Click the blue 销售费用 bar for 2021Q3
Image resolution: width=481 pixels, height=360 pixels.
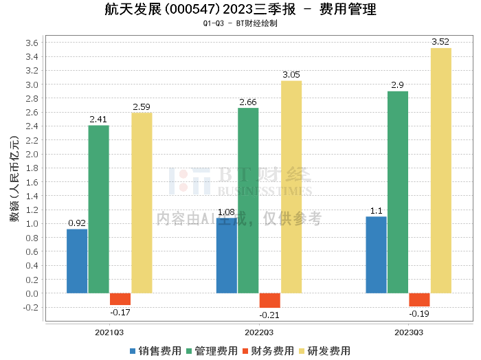point(77,261)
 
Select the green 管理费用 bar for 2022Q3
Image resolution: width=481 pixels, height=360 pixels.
point(248,201)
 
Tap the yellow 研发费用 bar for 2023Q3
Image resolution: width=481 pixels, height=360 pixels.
point(441,170)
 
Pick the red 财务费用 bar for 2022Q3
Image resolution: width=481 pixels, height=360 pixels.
point(270,300)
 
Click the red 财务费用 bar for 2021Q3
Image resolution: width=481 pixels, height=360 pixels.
point(120,299)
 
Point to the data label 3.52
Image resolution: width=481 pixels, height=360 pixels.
point(440,42)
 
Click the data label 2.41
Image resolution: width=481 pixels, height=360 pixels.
point(98,120)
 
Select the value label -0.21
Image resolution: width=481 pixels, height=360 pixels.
point(269,315)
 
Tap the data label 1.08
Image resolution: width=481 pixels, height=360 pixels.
point(226,212)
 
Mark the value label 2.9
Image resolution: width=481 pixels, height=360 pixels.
point(398,85)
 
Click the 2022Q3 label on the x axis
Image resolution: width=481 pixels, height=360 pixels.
point(259,333)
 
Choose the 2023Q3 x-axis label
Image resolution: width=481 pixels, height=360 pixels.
point(409,333)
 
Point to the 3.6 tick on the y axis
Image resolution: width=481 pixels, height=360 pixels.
point(32,43)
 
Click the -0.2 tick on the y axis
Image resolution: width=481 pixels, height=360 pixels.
point(31,308)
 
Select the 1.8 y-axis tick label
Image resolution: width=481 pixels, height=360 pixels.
point(32,168)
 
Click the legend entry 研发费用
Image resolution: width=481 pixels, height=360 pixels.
point(325,351)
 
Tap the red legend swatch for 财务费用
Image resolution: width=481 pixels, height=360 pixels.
point(245,351)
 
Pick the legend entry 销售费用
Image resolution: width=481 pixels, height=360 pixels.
point(155,351)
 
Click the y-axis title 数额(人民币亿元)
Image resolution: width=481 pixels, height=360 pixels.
point(14,179)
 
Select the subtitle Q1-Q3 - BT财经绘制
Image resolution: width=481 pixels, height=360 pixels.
point(240,23)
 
